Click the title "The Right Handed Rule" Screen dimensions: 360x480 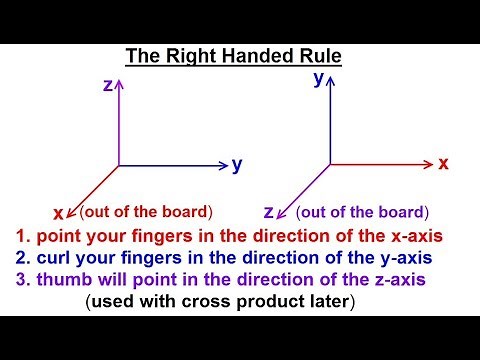pyautogui.click(x=232, y=57)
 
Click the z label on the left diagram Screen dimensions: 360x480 pyautogui.click(x=107, y=86)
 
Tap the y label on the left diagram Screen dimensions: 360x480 pyautogui.click(x=237, y=165)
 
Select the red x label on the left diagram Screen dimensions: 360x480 pyautogui.click(x=58, y=212)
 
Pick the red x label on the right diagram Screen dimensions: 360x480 pyautogui.click(x=443, y=162)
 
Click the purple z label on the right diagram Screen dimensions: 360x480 pyautogui.click(x=269, y=212)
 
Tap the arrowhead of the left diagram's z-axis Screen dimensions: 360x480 pyautogui.click(x=119, y=85)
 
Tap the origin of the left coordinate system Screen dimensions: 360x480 pyautogui.click(x=119, y=165)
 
